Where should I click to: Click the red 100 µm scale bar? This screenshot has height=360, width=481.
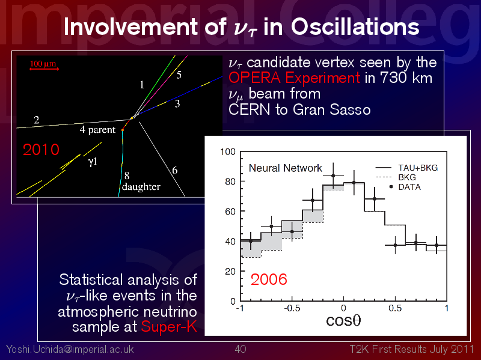tap(44, 69)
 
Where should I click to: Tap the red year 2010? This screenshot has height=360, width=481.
tap(41, 150)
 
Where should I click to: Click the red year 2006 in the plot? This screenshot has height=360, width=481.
tap(269, 279)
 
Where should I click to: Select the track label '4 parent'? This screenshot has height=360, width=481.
tap(97, 130)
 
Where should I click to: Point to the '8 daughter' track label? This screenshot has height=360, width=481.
tap(141, 182)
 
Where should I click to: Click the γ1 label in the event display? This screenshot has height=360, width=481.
tap(93, 161)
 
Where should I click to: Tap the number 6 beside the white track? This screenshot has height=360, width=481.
tap(175, 170)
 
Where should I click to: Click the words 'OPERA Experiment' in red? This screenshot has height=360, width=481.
tap(294, 78)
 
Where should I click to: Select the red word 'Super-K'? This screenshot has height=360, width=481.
tap(169, 326)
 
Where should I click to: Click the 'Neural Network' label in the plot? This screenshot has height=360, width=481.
tap(285, 168)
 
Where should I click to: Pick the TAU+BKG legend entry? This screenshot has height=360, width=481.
tap(406, 168)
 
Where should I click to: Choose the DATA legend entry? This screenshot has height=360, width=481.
tap(405, 187)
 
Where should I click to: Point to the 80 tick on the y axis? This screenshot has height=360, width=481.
tap(230, 182)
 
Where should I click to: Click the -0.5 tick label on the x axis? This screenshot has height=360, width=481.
tap(292, 308)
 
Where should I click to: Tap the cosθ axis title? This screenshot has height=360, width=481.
tap(343, 320)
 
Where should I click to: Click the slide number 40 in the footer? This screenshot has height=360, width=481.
tap(240, 349)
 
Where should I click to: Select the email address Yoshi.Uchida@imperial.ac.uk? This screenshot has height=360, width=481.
tap(70, 349)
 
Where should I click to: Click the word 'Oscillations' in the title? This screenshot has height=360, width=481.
tap(355, 26)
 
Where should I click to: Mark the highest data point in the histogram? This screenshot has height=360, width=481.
tap(333, 175)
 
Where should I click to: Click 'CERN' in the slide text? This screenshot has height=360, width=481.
tap(250, 109)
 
